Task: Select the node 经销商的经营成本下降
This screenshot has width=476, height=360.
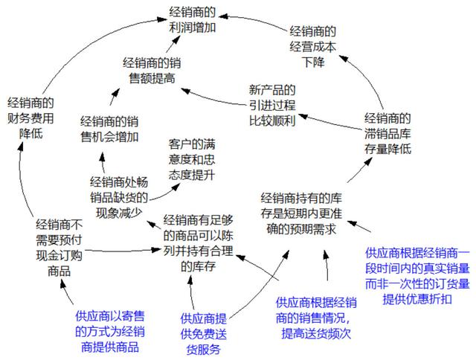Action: click(312, 45)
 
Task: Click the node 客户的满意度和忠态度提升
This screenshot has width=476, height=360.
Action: click(192, 158)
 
